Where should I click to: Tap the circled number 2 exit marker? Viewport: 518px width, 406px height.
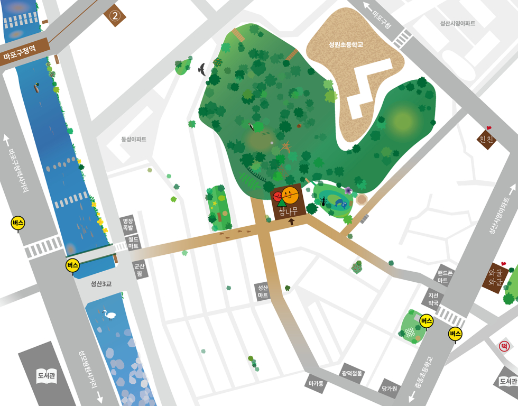coord(115,16)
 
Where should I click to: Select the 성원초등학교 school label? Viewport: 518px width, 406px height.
coord(346,45)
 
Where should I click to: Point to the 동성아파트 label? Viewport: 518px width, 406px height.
coord(134,140)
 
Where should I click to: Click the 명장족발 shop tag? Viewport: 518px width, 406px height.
coord(128,225)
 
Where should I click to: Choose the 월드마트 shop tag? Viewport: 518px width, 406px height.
coord(134,243)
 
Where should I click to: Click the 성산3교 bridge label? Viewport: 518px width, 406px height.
coord(100,284)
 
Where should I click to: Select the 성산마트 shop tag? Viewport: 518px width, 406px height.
coord(263,292)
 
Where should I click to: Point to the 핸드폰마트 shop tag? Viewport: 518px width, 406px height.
coord(443,276)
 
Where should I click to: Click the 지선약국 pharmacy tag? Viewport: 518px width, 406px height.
coord(433,299)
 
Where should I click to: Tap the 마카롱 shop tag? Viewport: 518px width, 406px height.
coord(316,383)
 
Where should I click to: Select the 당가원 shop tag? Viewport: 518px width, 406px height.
coord(390,389)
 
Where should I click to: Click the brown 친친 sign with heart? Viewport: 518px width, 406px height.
coord(486,139)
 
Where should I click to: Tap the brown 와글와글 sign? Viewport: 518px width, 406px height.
coord(495,278)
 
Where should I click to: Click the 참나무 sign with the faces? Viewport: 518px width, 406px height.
coord(288,202)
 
